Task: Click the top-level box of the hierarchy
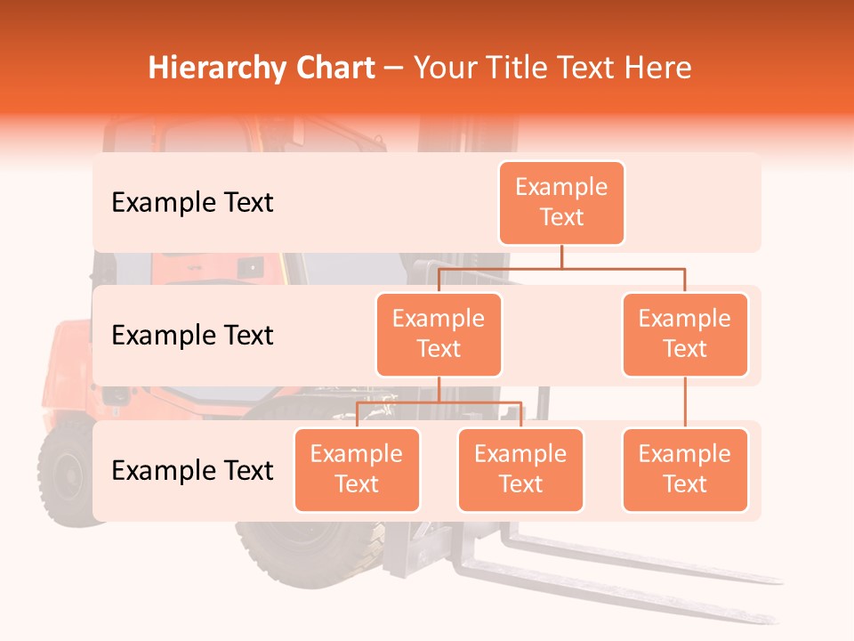[561, 202]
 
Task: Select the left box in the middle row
[439, 334]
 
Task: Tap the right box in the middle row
[685, 334]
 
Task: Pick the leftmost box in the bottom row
[357, 469]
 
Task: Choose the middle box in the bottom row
[520, 469]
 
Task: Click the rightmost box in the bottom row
[685, 469]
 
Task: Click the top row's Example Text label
[192, 203]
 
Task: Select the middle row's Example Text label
[192, 336]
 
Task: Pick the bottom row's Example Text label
[192, 470]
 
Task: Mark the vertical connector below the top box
[561, 256]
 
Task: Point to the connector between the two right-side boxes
[685, 402]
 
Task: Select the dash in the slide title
[394, 69]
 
